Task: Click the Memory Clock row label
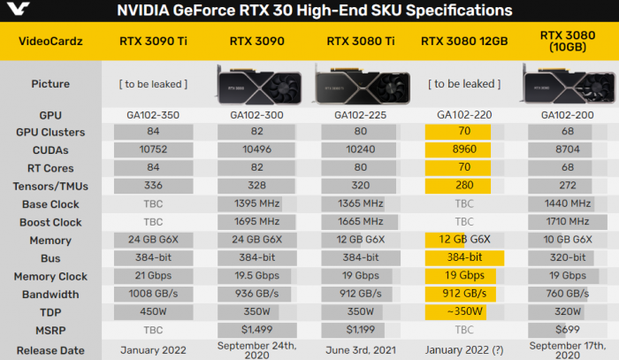pos(50,276)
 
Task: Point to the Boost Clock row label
pos(50,222)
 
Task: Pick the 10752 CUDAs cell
pos(153,150)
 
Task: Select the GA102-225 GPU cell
pos(359,115)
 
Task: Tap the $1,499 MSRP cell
pos(255,330)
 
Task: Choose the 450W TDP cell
pos(153,312)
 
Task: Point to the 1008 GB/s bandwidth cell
pos(153,294)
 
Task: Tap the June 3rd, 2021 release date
pos(359,349)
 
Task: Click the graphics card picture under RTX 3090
pos(255,84)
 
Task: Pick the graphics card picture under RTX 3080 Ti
pos(359,84)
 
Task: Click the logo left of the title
pos(19,11)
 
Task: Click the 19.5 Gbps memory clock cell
pos(255,276)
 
